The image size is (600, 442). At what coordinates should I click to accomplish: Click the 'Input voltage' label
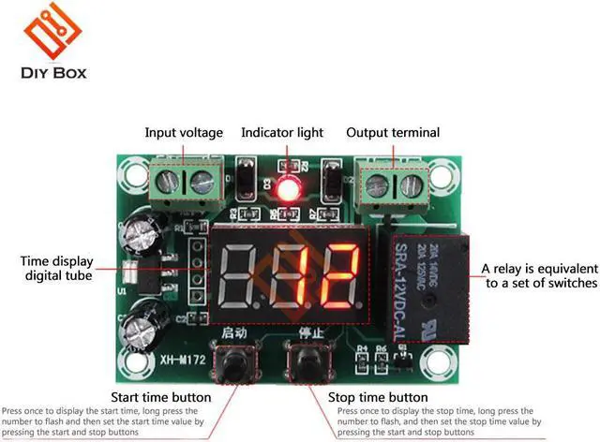click(184, 133)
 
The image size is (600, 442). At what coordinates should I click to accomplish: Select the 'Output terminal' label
click(393, 133)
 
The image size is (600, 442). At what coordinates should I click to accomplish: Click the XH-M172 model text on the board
click(172, 360)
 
